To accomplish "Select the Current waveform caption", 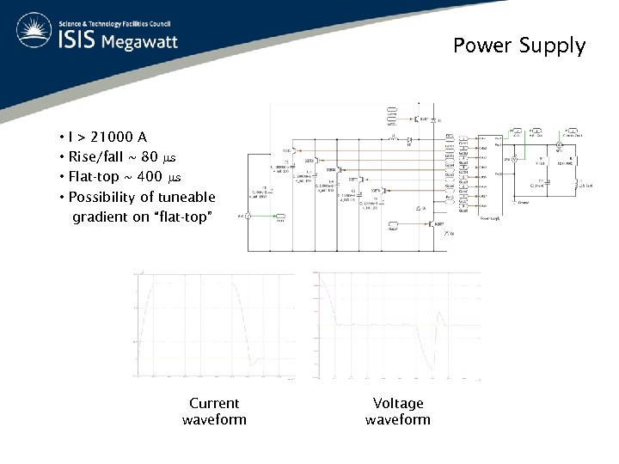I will pyautogui.click(x=214, y=411).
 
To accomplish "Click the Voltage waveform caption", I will pyautogui.click(x=398, y=411).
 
